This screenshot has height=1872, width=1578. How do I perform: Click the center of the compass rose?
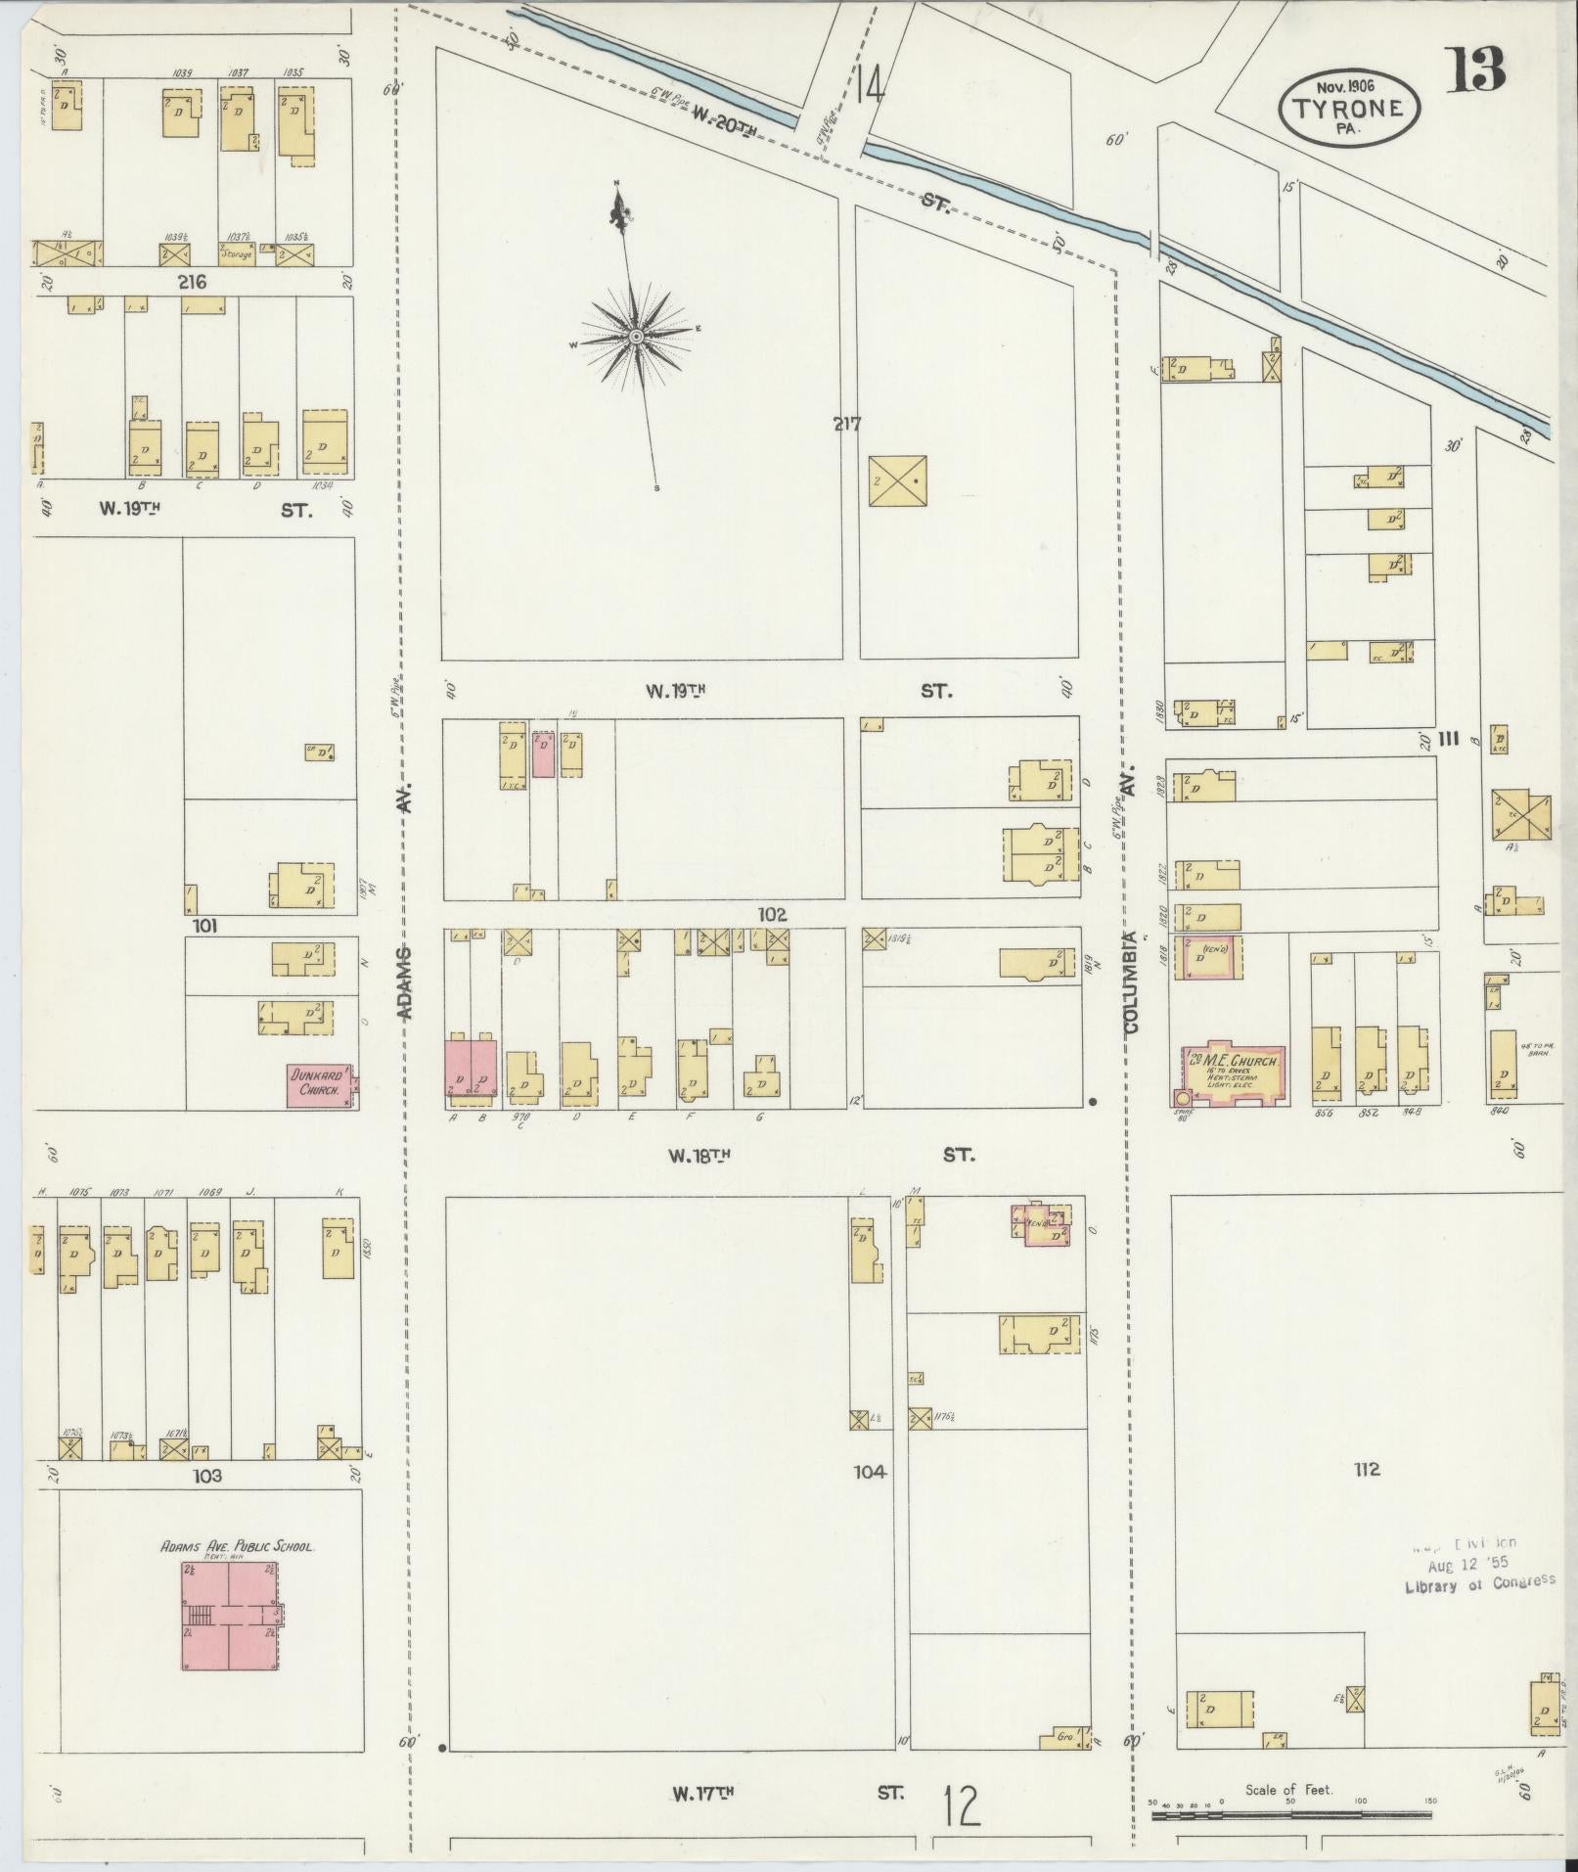(635, 337)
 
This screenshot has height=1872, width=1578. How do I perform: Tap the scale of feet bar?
(1291, 1815)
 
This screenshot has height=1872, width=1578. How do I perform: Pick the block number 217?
(847, 425)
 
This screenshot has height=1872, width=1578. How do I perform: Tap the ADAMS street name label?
(407, 982)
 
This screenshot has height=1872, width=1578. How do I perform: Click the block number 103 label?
(207, 1475)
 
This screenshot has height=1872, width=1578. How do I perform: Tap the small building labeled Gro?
(1065, 1737)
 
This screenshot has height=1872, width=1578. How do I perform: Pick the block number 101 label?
(205, 926)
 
